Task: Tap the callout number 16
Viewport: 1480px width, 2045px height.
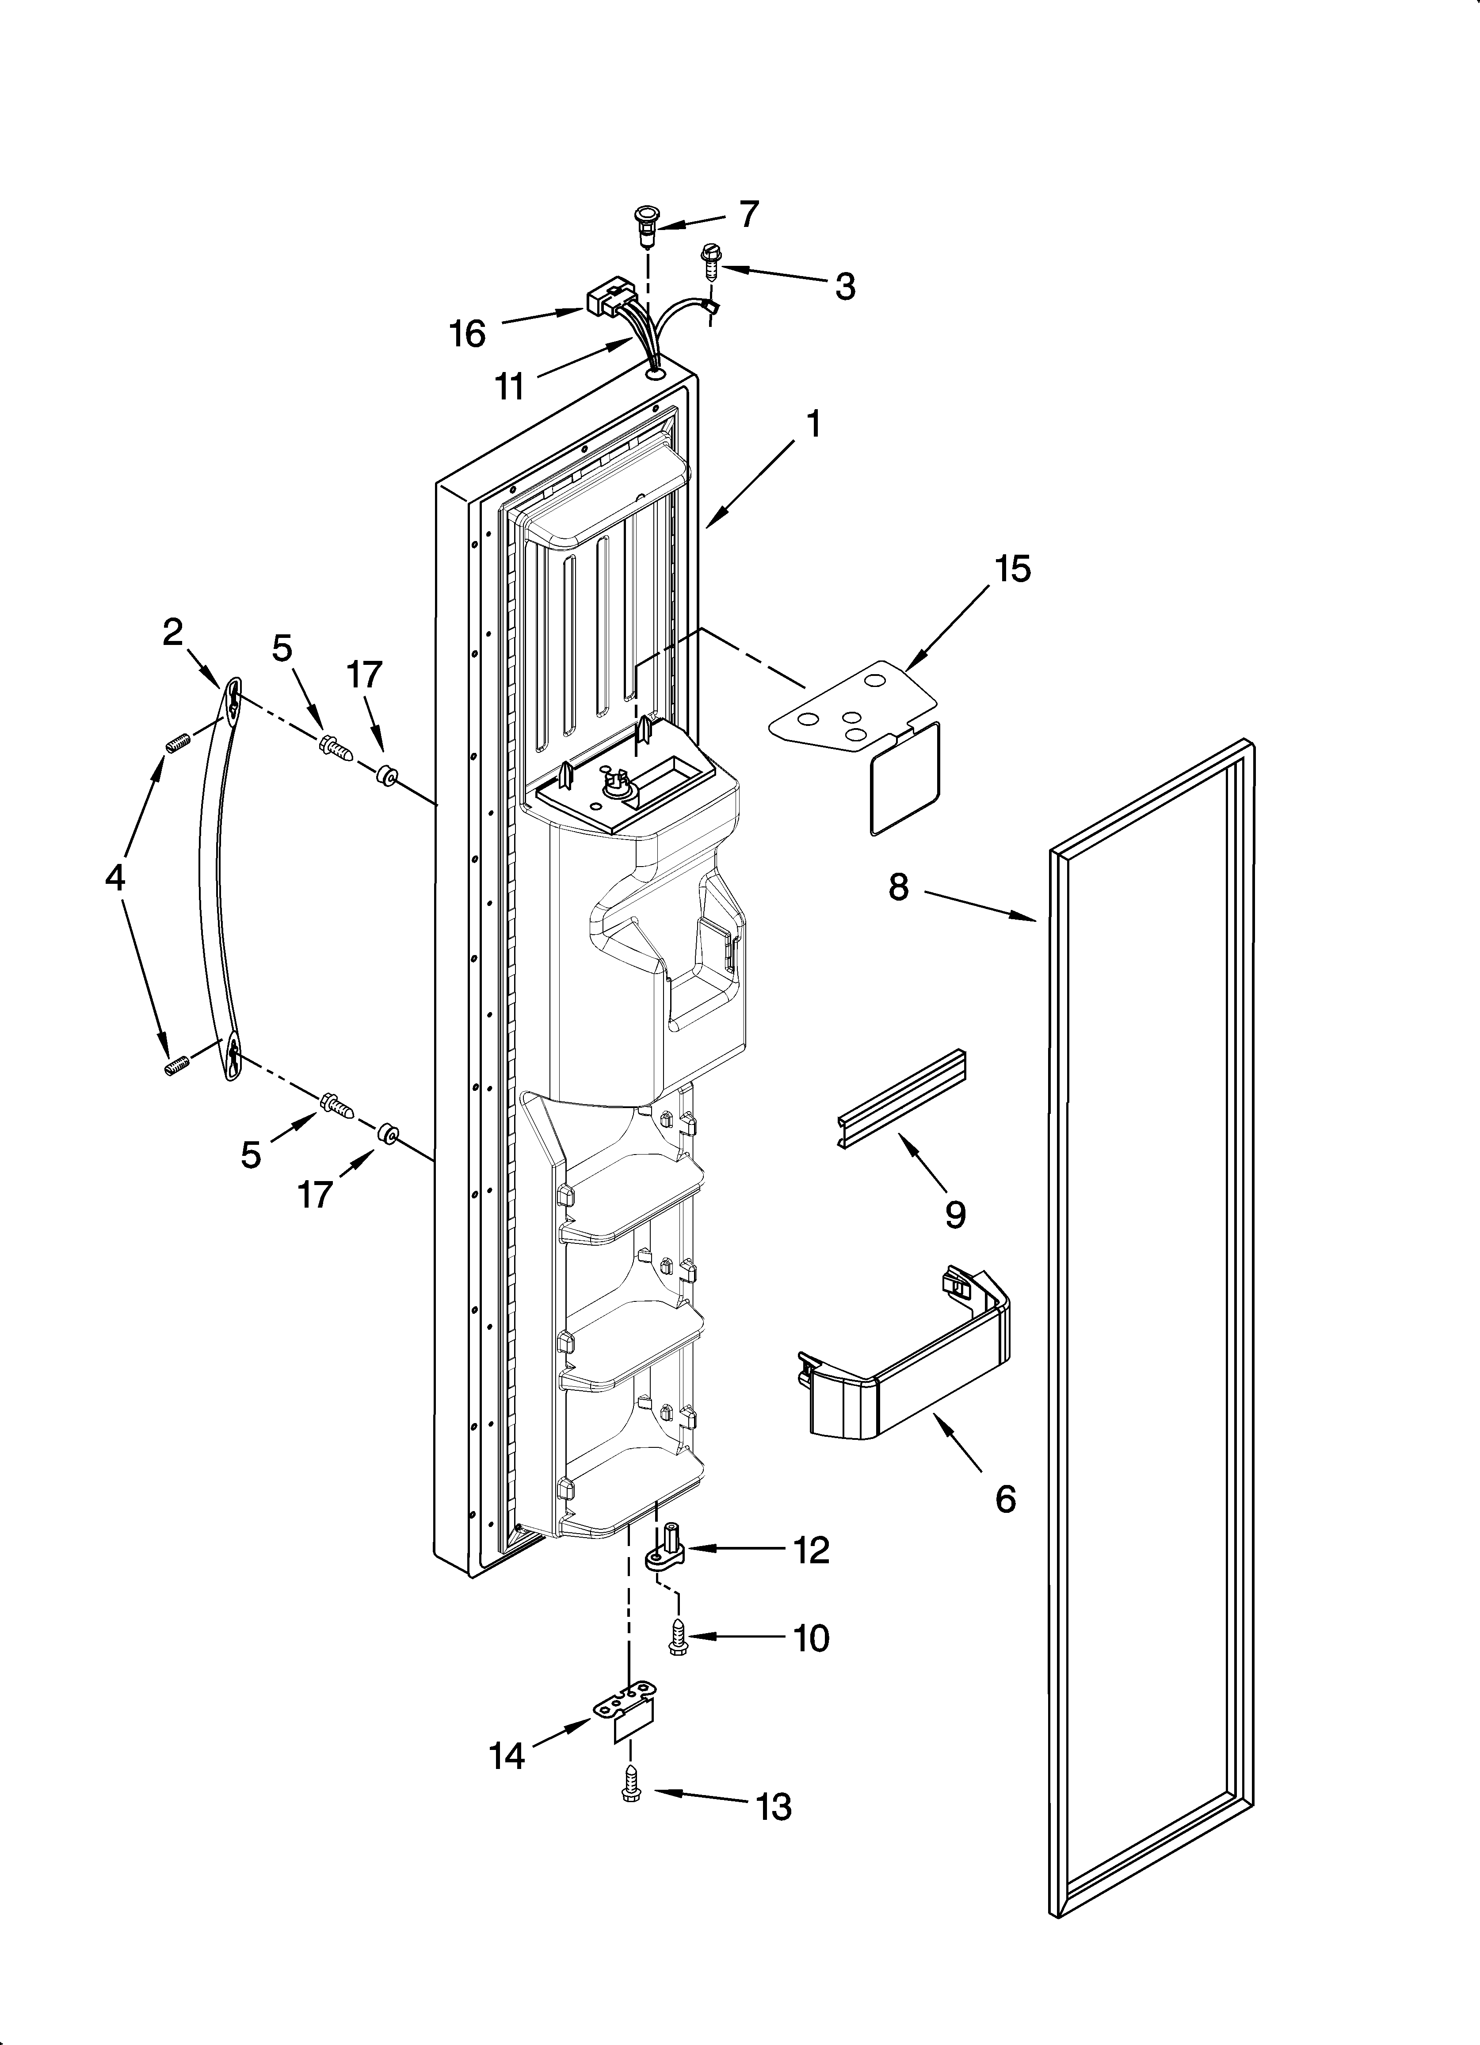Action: (468, 334)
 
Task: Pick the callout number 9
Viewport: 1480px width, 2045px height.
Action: (955, 1215)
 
